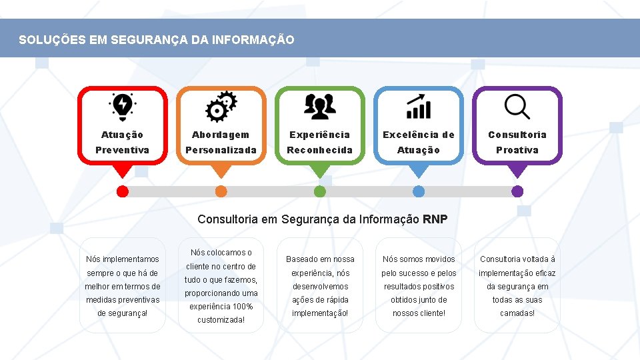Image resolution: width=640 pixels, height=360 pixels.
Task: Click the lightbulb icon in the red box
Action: [122, 106]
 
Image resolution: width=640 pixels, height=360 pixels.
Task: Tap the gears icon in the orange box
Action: [221, 106]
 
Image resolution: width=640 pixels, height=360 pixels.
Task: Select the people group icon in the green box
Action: [319, 106]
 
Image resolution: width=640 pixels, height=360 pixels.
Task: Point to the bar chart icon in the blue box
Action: [419, 106]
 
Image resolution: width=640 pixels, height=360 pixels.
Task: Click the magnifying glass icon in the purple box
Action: [517, 106]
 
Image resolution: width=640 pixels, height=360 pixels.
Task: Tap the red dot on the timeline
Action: [123, 191]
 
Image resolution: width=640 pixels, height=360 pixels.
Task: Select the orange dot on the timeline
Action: [221, 191]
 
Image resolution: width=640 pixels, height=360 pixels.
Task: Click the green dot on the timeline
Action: [320, 191]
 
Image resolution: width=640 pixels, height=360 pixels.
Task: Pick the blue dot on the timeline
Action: [419, 191]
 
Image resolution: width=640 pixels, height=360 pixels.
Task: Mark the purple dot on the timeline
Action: [517, 191]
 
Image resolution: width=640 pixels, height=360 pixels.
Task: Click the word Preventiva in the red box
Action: [122, 150]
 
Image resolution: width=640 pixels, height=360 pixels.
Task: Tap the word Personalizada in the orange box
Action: [221, 150]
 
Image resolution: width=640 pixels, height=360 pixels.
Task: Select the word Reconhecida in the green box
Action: [319, 150]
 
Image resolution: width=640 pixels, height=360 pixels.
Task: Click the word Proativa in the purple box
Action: [517, 150]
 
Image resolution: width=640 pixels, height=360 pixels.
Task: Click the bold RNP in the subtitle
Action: [435, 219]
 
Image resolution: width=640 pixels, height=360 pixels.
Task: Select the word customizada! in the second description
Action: [221, 320]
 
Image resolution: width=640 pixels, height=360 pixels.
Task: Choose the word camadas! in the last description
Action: [517, 313]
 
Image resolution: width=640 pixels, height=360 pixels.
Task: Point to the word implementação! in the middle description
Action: [320, 313]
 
